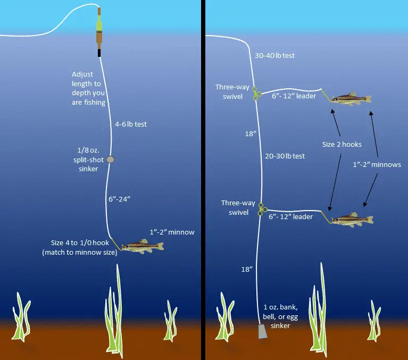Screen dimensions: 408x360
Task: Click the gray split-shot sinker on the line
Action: pyautogui.click(x=111, y=160)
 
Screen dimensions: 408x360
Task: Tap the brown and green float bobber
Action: pyautogui.click(x=99, y=32)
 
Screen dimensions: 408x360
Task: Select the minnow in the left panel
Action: pyautogui.click(x=143, y=246)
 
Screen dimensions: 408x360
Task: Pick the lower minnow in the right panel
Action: pyautogui.click(x=352, y=220)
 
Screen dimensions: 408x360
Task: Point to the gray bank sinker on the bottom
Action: pyautogui.click(x=263, y=331)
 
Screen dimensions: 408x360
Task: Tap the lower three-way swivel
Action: pyautogui.click(x=262, y=210)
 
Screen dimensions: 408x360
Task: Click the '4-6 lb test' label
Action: pyautogui.click(x=131, y=124)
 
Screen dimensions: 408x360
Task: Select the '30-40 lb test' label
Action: pyautogui.click(x=274, y=55)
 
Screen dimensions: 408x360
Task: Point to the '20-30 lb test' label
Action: pyautogui.click(x=285, y=156)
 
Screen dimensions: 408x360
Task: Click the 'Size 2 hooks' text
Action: pyautogui.click(x=342, y=144)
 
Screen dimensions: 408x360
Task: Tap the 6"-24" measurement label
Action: pyautogui.click(x=119, y=199)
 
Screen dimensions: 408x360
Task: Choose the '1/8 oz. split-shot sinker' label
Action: pyautogui.click(x=88, y=160)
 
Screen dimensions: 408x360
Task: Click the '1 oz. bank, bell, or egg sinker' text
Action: pyautogui.click(x=280, y=316)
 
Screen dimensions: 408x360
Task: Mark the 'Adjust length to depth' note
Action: pyautogui.click(x=89, y=88)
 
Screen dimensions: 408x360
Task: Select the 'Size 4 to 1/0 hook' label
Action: pyautogui.click(x=80, y=247)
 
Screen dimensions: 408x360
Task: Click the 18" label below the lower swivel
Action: pyautogui.click(x=247, y=269)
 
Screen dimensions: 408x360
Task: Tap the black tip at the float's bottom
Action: pyautogui.click(x=99, y=53)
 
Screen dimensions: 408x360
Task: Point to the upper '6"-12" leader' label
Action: pyautogui.click(x=294, y=96)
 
